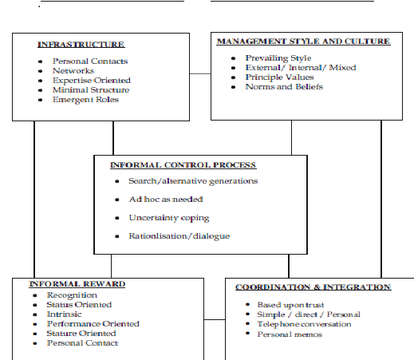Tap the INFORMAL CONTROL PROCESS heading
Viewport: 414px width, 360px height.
[x=183, y=165]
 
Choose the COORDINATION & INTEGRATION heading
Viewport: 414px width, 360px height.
[x=313, y=287]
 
